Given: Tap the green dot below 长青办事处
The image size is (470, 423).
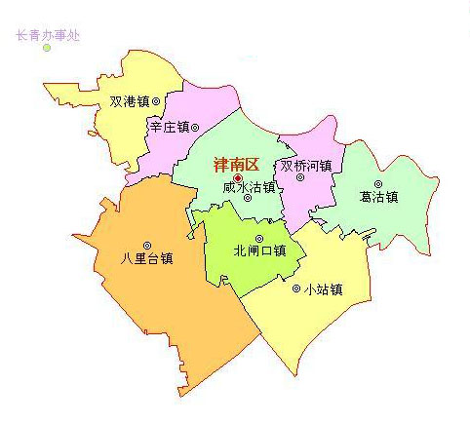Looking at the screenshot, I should (46, 48).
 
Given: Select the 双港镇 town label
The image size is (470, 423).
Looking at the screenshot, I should (128, 100).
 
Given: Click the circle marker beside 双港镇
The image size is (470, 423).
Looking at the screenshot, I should (156, 100).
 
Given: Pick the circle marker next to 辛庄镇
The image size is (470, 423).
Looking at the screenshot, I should (195, 127).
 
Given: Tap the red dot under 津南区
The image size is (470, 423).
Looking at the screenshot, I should (238, 178).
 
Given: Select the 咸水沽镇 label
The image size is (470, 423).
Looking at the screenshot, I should (249, 186).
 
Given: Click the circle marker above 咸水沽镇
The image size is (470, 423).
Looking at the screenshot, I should (248, 198).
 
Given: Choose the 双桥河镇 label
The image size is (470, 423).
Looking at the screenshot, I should (305, 166).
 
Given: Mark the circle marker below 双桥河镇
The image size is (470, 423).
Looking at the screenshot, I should (300, 177).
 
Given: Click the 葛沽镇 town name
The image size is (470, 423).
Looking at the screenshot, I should (378, 196).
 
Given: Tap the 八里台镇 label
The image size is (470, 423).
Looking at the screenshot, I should (146, 259).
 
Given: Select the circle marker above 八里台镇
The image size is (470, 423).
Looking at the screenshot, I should (147, 246).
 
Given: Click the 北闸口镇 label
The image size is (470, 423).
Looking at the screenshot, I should (259, 250).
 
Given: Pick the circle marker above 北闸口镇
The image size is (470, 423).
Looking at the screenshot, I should (259, 238).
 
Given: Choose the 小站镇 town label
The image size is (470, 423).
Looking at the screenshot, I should (323, 288).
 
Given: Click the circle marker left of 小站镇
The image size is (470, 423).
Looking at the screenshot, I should (296, 288).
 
